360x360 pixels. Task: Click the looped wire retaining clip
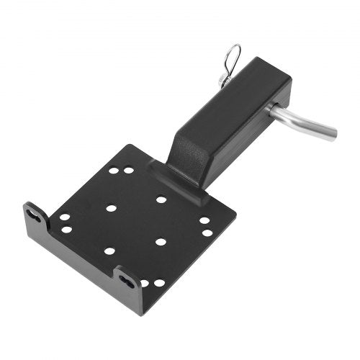233,57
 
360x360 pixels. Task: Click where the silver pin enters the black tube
273,109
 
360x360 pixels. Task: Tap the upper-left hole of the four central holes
112,208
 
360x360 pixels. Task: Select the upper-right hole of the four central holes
161,199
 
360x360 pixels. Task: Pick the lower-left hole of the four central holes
109,251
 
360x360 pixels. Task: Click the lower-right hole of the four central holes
161,241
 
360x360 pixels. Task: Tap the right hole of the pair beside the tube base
128,170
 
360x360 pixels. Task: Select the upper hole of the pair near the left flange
64,217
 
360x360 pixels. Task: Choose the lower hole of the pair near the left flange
66,230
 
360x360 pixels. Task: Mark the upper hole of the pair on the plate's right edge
204,220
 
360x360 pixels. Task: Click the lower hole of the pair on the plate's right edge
207,233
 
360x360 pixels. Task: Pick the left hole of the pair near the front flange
145,284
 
